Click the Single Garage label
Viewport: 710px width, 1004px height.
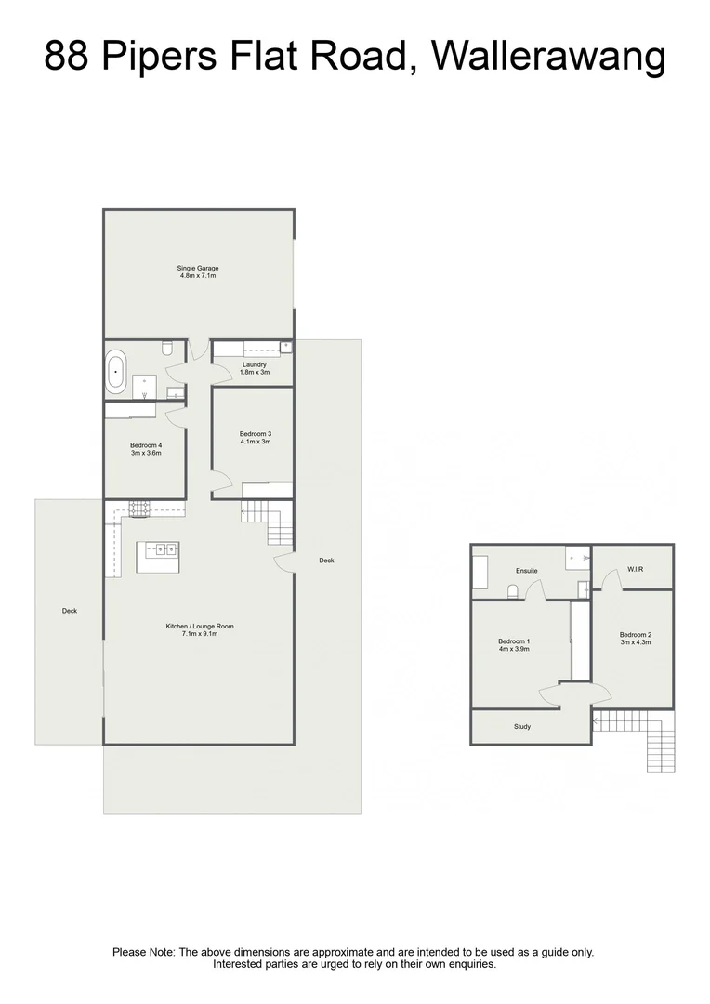tap(198, 268)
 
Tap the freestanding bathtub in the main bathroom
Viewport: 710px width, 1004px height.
tap(116, 371)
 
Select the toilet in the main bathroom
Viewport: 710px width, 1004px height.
tap(166, 348)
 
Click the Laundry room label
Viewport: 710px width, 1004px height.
tap(255, 364)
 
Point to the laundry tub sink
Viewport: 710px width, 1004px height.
tap(285, 348)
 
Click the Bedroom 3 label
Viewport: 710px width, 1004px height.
tap(255, 434)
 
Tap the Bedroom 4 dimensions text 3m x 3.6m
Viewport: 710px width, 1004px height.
tap(146, 454)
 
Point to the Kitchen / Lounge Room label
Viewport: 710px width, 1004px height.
tap(200, 627)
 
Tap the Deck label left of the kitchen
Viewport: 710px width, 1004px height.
tap(70, 611)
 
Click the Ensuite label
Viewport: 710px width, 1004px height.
tap(528, 571)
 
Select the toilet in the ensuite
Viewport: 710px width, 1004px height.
tap(512, 590)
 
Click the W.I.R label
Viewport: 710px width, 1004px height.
tap(637, 569)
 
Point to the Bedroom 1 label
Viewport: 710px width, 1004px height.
tap(514, 641)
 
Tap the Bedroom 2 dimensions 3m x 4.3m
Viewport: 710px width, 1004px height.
tap(636, 642)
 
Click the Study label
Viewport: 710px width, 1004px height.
tap(522, 727)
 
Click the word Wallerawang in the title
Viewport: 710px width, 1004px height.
tap(550, 58)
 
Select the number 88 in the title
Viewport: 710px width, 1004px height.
tap(68, 58)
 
